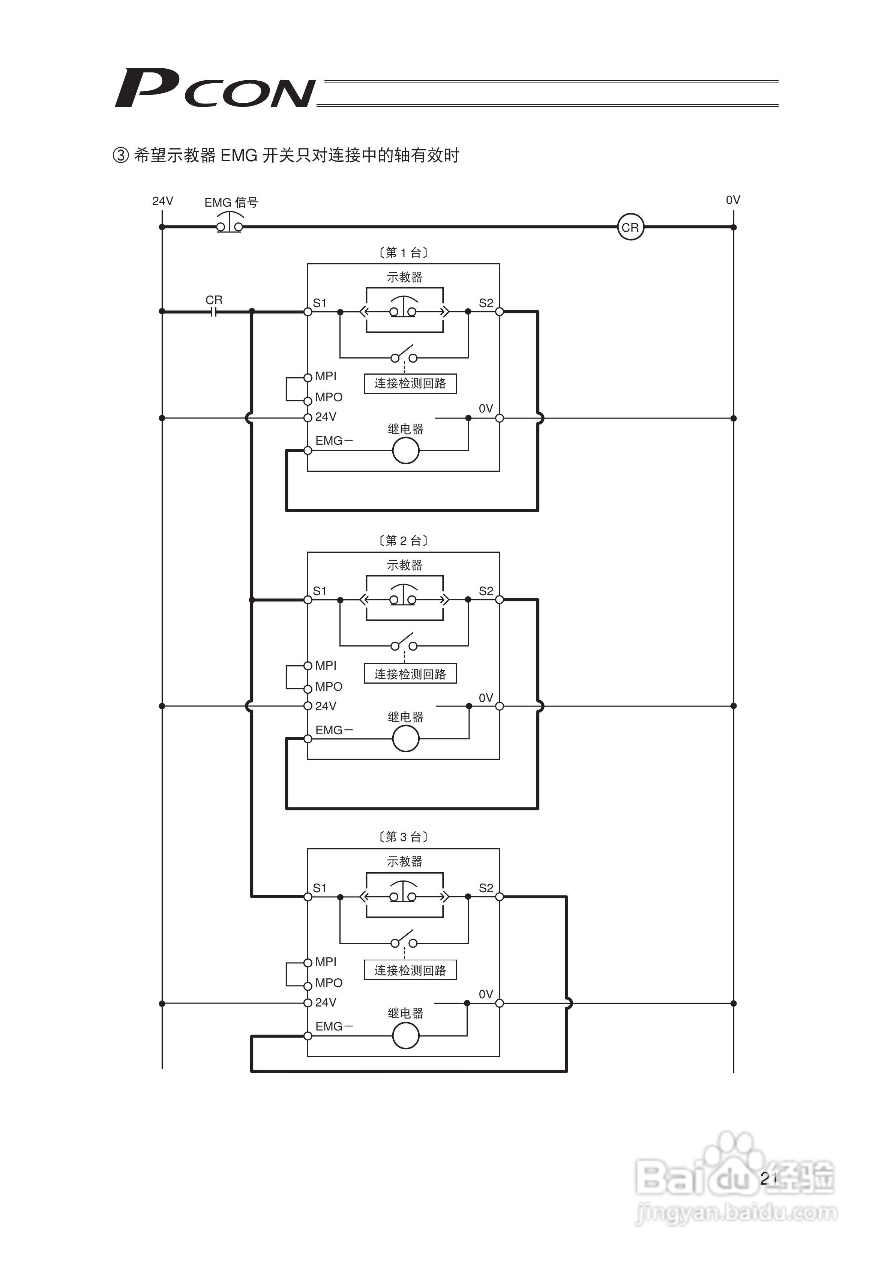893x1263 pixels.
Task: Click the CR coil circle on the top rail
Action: (630, 227)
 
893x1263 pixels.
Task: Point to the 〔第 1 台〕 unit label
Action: (403, 252)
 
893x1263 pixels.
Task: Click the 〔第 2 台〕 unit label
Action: (403, 541)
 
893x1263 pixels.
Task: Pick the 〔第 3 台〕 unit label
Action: (403, 837)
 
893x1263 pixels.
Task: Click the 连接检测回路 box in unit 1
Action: (410, 383)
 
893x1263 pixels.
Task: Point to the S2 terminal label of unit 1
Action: (486, 303)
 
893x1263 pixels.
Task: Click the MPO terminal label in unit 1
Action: (329, 397)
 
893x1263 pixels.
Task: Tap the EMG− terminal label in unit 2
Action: (333, 730)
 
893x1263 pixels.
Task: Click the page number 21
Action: (768, 1178)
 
